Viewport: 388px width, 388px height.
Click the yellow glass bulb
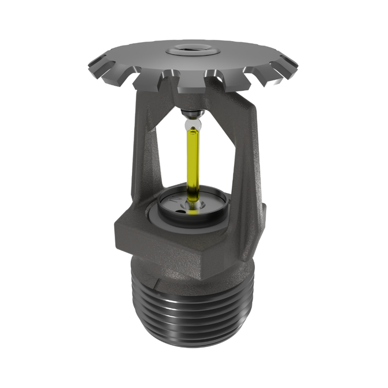point(193,161)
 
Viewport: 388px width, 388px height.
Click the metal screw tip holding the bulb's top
point(192,114)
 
